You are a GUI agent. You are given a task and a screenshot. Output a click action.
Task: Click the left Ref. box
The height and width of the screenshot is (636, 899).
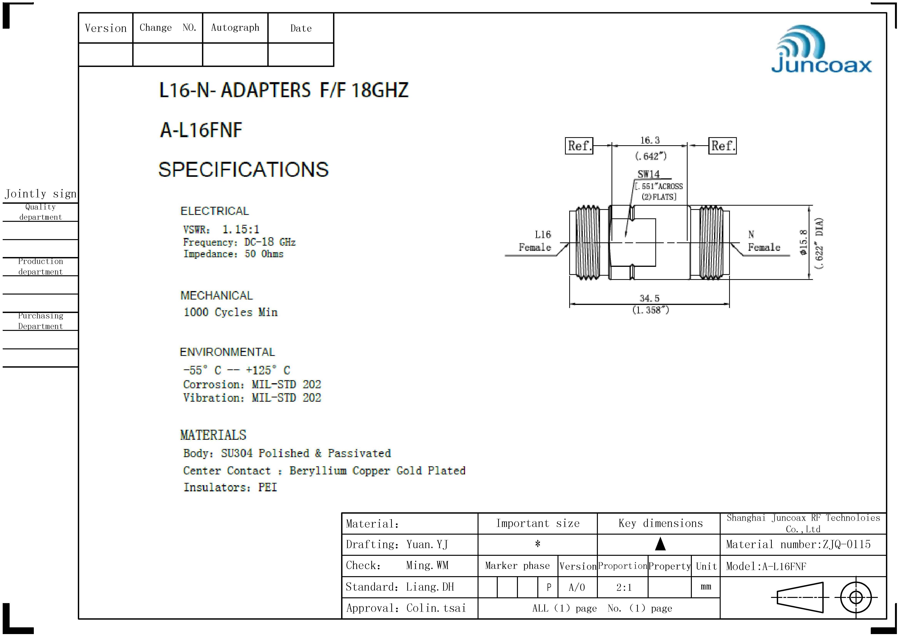[579, 146]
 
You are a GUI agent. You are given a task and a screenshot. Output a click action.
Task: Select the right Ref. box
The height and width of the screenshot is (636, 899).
[722, 146]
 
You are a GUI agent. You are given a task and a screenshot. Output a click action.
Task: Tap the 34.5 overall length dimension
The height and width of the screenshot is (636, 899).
[649, 298]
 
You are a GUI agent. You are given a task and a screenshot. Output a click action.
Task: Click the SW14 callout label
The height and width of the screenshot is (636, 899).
[648, 174]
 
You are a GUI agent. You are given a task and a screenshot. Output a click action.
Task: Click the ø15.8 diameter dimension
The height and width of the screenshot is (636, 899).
[803, 242]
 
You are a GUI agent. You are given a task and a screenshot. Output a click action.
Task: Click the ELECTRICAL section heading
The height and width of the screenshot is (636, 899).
[214, 211]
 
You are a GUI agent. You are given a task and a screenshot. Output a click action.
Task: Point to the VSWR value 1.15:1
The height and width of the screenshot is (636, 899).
[240, 229]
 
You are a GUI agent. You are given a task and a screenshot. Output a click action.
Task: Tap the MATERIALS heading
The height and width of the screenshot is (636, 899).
[213, 435]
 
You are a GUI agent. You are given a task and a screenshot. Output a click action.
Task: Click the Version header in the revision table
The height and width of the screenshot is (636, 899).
[106, 28]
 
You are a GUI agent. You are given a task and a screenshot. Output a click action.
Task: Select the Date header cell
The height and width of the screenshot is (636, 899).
[301, 28]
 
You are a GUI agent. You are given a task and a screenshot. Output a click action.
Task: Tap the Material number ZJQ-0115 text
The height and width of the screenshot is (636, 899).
[798, 544]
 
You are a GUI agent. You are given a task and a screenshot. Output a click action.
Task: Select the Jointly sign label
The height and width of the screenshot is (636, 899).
[40, 194]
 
